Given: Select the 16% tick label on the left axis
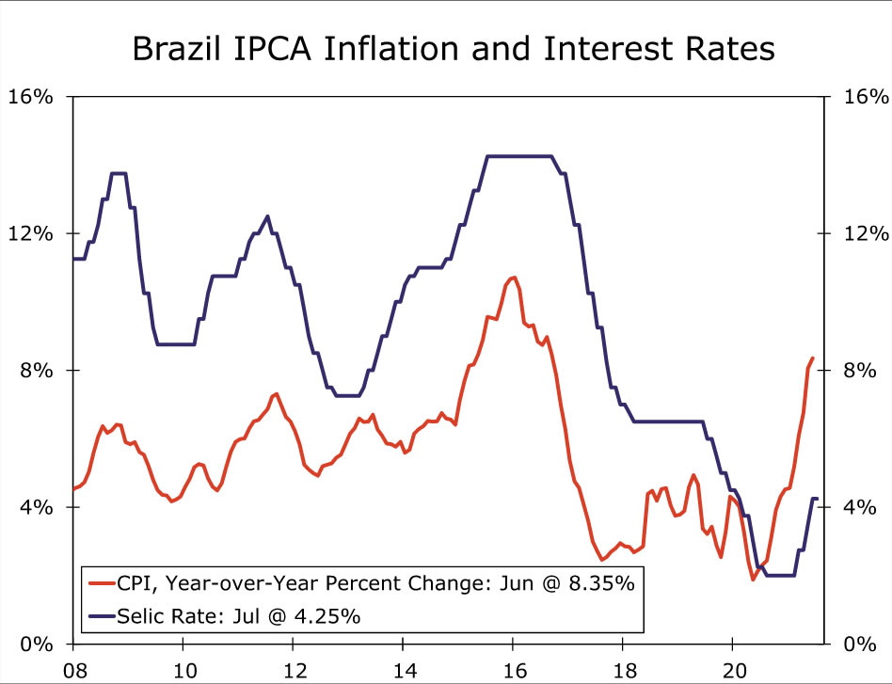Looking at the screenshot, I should (31, 97).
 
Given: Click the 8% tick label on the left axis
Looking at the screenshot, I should (36, 371).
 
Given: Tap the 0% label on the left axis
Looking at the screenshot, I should (36, 644).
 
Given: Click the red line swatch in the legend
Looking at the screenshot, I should (99, 583).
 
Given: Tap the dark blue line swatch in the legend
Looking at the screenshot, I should (99, 617).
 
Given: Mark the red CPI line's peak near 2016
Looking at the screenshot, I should (513, 277).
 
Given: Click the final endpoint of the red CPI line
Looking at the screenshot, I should (813, 358).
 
